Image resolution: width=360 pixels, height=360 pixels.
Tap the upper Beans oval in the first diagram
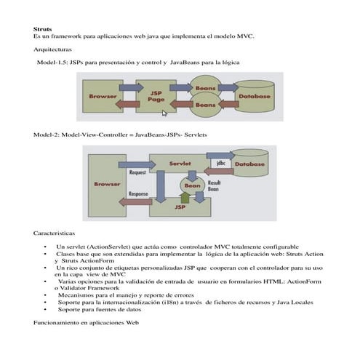205,89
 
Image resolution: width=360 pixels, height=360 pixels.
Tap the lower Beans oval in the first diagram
205,105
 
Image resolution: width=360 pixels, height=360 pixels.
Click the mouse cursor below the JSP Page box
164,113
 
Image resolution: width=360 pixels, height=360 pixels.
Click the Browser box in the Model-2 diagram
107,184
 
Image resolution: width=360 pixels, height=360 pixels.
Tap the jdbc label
221,163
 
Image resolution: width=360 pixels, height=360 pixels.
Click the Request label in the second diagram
138,173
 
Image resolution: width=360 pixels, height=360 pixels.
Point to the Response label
138,194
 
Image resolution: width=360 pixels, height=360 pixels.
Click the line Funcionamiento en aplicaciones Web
81,321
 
